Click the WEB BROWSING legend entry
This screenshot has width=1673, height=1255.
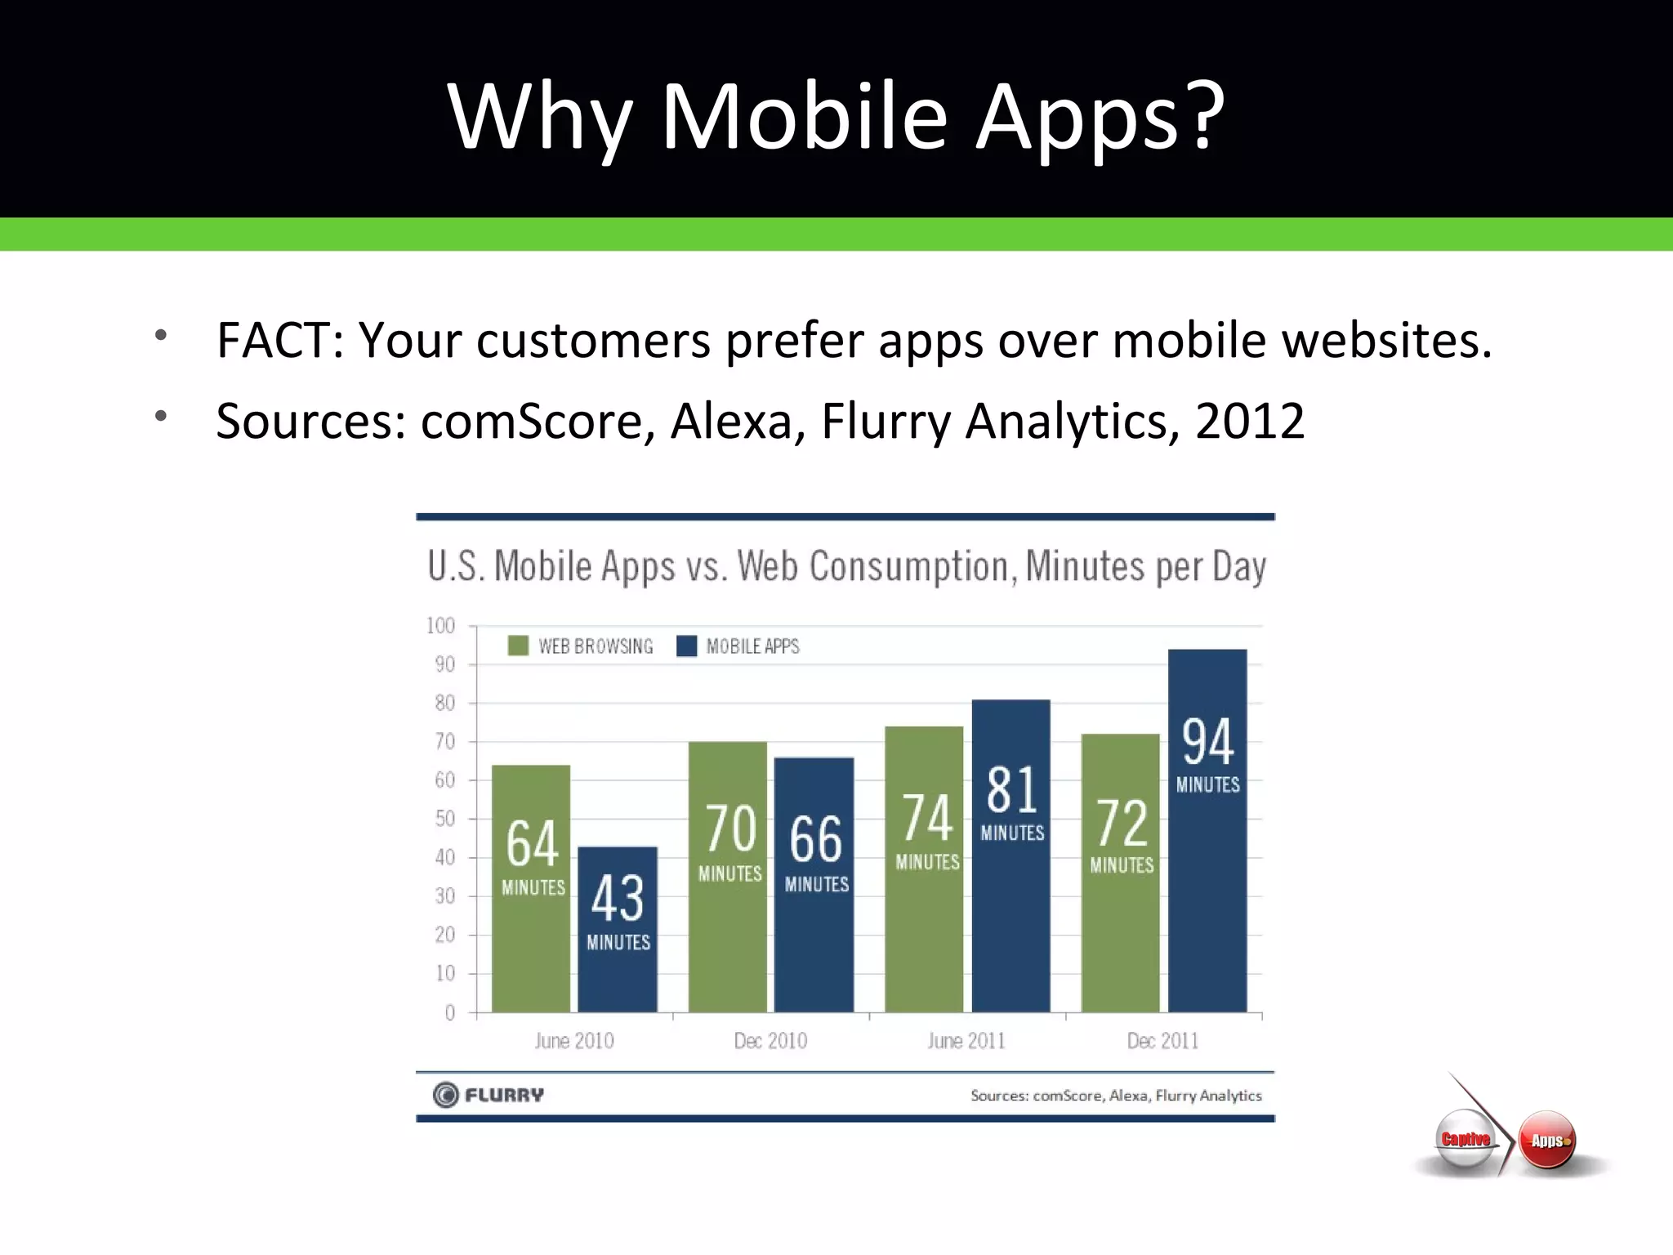(581, 646)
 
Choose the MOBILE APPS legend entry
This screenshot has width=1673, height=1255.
(738, 646)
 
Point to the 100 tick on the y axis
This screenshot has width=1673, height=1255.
(441, 626)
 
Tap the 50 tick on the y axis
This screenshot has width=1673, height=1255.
(445, 819)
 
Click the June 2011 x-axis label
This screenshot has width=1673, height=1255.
(966, 1041)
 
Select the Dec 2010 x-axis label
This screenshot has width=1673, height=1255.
(770, 1041)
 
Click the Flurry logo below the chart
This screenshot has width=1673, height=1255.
(489, 1094)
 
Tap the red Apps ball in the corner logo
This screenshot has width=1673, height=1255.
(1547, 1140)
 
